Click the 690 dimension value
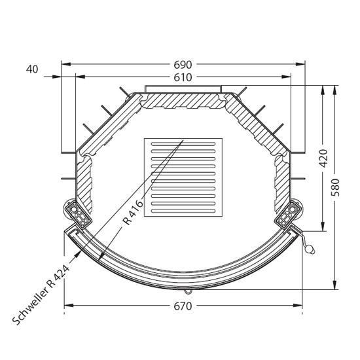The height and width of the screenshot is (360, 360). (x=183, y=65)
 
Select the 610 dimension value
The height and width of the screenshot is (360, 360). (x=183, y=78)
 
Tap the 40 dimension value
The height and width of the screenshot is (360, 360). (x=32, y=69)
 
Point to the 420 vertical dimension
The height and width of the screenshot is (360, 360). (x=323, y=158)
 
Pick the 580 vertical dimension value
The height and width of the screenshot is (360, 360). (x=335, y=187)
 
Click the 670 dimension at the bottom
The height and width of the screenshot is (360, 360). (x=183, y=306)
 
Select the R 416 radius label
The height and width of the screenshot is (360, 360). (x=133, y=212)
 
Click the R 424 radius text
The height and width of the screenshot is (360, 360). (x=58, y=277)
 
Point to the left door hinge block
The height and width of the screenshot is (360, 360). (x=78, y=215)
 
